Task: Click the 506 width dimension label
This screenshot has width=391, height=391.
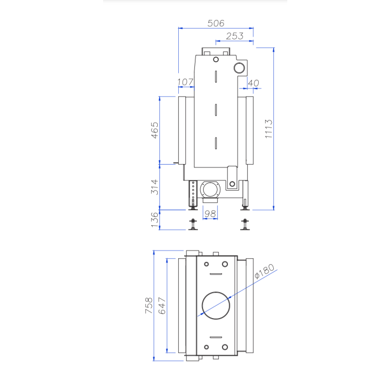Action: click(x=215, y=23)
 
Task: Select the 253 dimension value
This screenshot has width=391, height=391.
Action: click(x=234, y=36)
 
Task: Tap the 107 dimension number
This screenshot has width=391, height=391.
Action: click(x=185, y=82)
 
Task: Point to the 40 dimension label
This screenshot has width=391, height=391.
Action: click(x=253, y=83)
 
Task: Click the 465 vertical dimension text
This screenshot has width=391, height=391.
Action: click(x=155, y=130)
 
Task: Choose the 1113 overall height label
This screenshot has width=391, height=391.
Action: click(x=268, y=129)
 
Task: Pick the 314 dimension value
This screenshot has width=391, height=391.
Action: click(x=155, y=187)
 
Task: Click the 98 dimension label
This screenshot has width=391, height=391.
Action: click(x=211, y=213)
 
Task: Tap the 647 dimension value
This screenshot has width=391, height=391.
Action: click(x=162, y=305)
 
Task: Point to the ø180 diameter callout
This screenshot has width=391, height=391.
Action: click(x=265, y=271)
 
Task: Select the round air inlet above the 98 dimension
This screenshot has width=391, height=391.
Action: click(x=210, y=190)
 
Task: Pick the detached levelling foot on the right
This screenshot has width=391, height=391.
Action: click(x=246, y=223)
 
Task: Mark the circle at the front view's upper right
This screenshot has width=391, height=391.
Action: click(x=238, y=67)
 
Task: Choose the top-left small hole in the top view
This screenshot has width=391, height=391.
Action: click(x=206, y=264)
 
